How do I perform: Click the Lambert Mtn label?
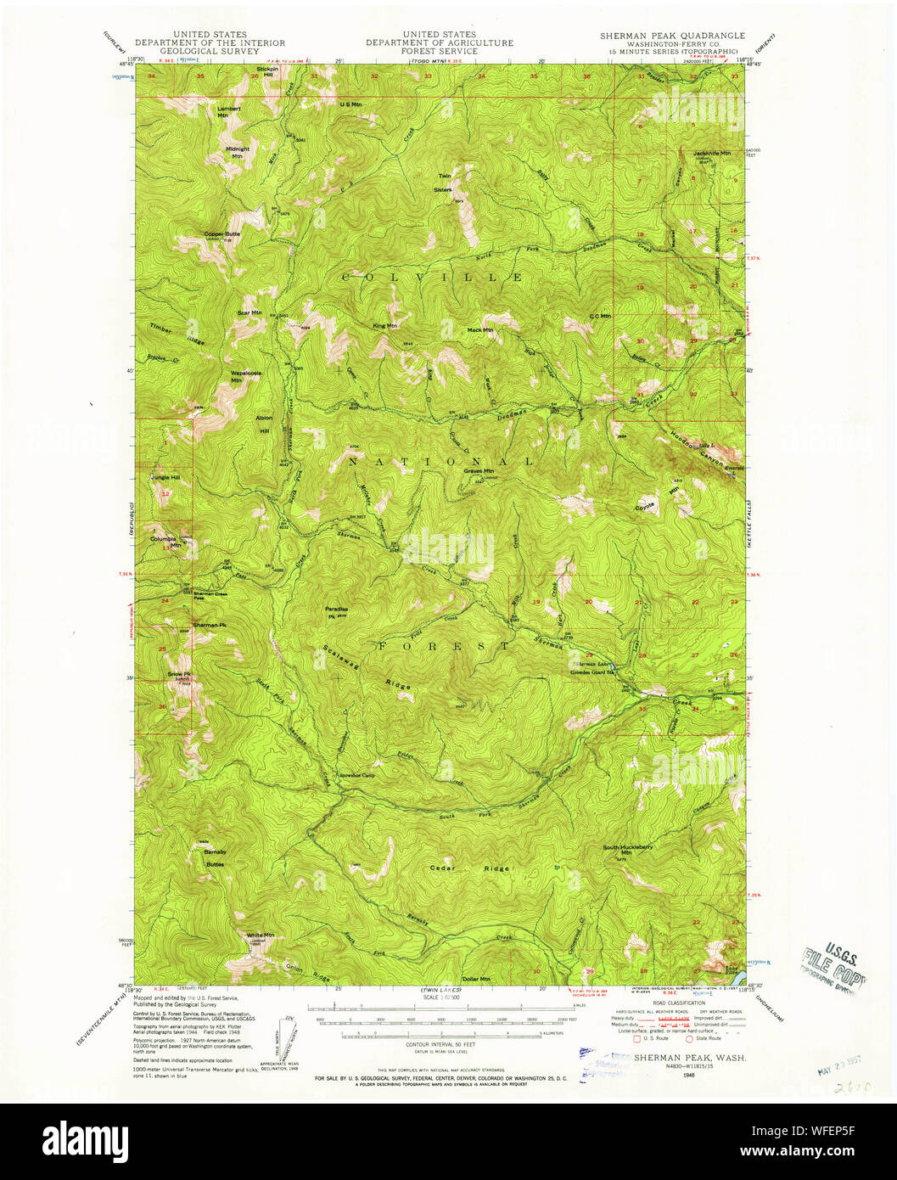coord(229,112)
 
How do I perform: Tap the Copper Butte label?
coord(221,234)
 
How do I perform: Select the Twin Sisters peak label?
coord(444,183)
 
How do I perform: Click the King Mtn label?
coord(384,325)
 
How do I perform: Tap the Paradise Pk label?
coord(336,611)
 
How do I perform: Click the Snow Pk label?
coord(178,674)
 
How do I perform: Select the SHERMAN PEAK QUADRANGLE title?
coord(672,36)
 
